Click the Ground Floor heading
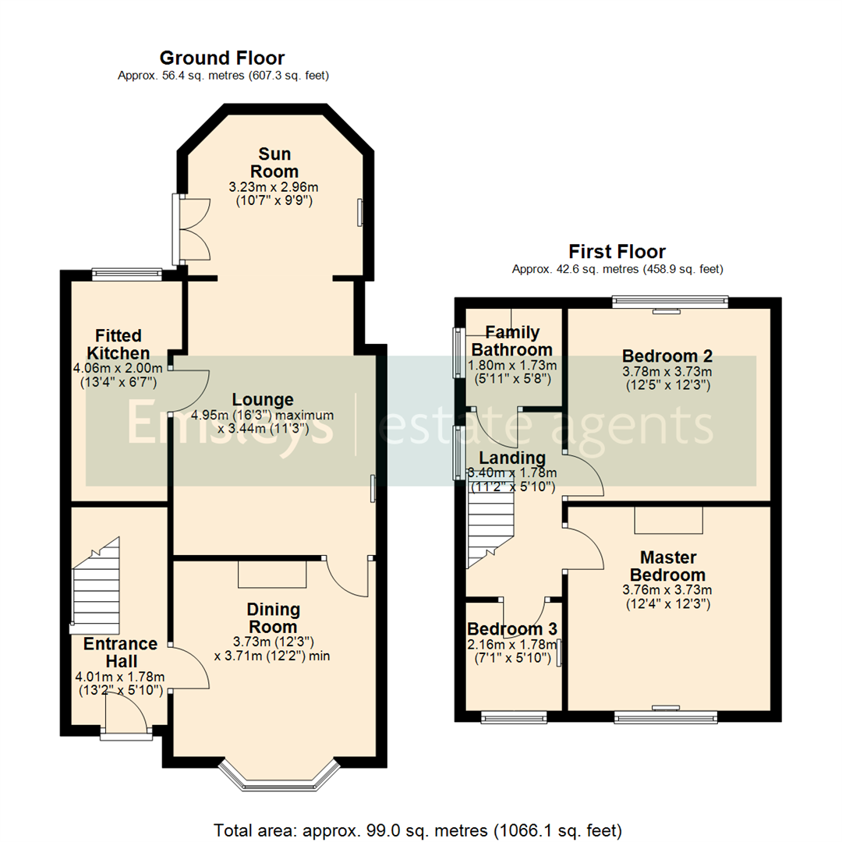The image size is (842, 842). (221, 58)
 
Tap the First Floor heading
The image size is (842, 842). (617, 251)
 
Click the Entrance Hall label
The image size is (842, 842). (120, 653)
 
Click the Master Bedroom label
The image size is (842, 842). (668, 565)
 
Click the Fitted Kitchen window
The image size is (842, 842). (126, 273)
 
